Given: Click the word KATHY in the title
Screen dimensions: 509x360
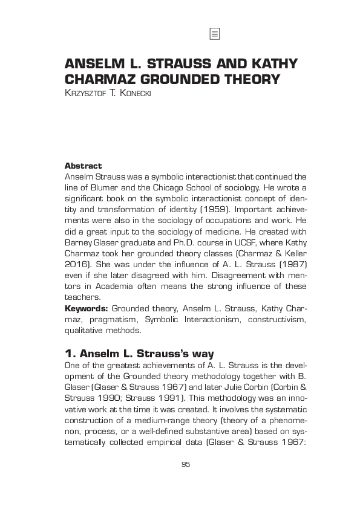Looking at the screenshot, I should pyautogui.click(x=267, y=65).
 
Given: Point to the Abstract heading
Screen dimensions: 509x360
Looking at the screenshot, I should pyautogui.click(x=83, y=166).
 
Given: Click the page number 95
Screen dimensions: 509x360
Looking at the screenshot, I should pyautogui.click(x=185, y=464).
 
